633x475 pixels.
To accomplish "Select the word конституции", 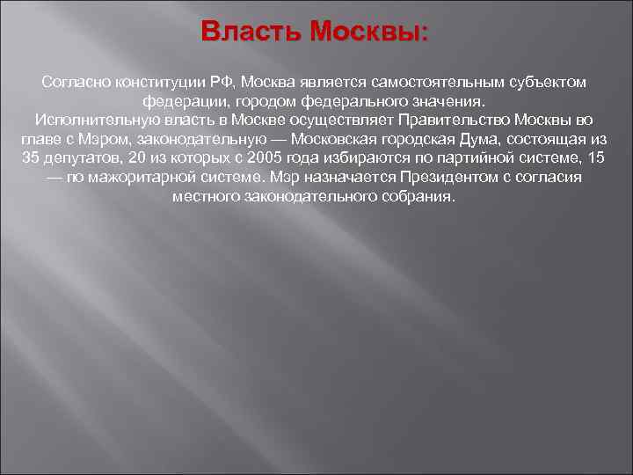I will pyautogui.click(x=156, y=82).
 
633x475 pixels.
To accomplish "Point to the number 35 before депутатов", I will pyautogui.click(x=32, y=159).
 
